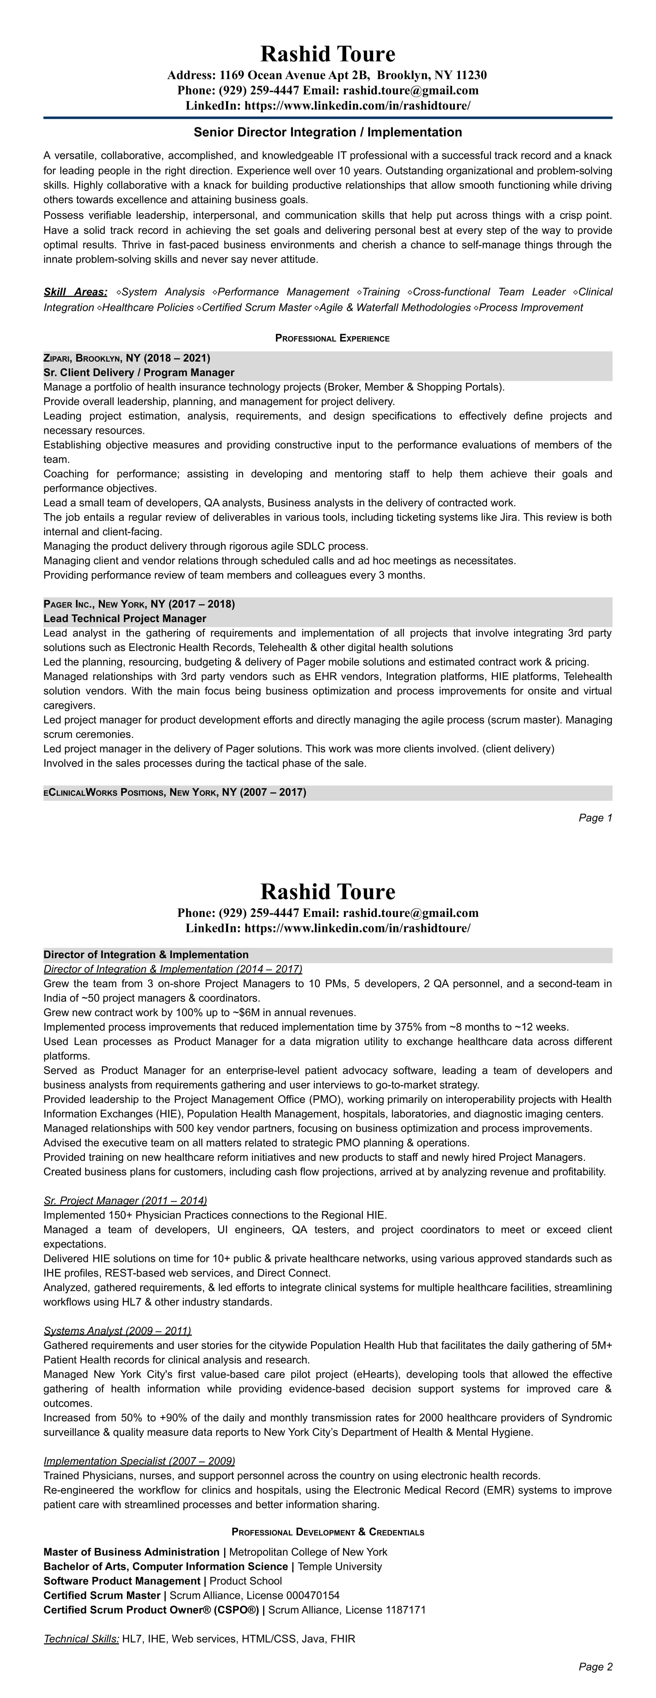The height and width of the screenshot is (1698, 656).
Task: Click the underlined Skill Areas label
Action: point(75,292)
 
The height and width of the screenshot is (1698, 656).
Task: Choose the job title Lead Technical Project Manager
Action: point(125,618)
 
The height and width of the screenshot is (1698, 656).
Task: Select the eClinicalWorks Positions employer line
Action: point(175,792)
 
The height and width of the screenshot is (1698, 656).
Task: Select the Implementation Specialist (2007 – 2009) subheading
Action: point(139,1461)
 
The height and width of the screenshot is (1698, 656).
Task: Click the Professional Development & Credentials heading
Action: point(328,1532)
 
